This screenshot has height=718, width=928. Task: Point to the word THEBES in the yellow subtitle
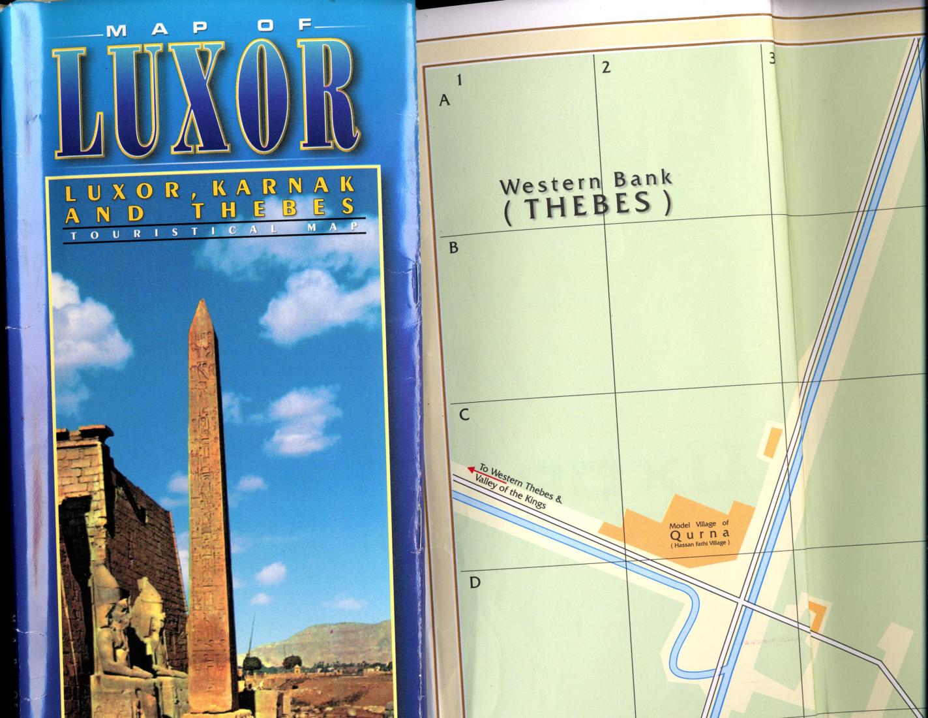(274, 209)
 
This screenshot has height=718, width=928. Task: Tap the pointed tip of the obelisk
(202, 303)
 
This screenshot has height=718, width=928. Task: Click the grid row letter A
(445, 101)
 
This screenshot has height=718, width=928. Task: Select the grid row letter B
(454, 248)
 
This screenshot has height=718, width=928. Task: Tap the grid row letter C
(464, 414)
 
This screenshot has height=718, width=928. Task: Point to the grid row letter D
(475, 582)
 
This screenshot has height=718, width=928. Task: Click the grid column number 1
(460, 80)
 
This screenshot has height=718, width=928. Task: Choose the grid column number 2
(606, 67)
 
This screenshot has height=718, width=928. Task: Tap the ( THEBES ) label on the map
(587, 206)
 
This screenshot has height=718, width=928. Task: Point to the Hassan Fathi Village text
(698, 543)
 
